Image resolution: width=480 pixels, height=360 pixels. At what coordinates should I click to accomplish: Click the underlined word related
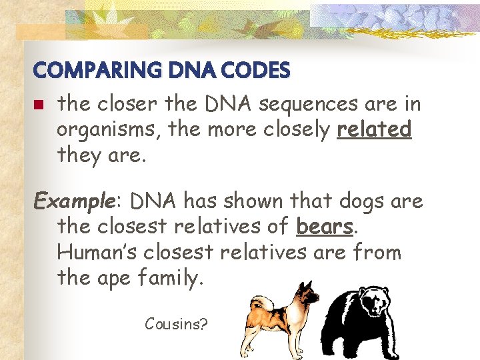coord(374,129)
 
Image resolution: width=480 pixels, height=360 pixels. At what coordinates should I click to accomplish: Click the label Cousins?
coord(176,325)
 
